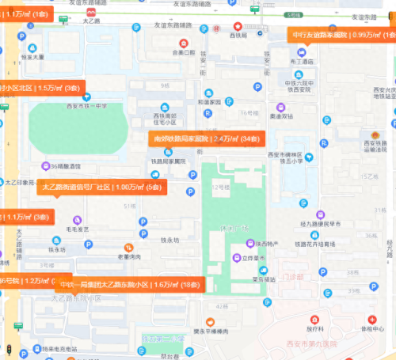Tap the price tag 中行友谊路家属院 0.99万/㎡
point(343,35)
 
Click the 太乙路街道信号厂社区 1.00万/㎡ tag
point(101,187)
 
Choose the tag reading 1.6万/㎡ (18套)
point(130,284)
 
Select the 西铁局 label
point(238,36)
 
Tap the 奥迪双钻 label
point(282,116)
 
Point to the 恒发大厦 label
point(37,57)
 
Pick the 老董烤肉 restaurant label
point(128,256)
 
